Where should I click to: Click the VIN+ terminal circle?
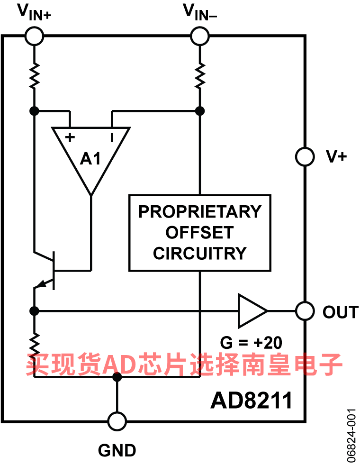pos(34,36)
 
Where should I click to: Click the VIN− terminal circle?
pos(200,36)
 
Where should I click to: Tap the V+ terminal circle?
pos(305,157)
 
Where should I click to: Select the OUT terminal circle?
pos(305,311)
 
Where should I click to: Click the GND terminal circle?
pos(117,421)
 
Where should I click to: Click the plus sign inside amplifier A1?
pos(70,138)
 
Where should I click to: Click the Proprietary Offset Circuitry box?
pos(200,233)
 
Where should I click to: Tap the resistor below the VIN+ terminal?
pos(34,76)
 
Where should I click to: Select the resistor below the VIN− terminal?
pos(200,76)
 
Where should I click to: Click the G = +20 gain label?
pos(252,342)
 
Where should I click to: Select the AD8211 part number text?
pos(251,401)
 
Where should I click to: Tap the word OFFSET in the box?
pos(200,233)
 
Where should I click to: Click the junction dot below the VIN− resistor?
pos(200,111)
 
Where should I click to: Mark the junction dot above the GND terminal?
pos(117,377)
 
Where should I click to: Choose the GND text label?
pos(117,450)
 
